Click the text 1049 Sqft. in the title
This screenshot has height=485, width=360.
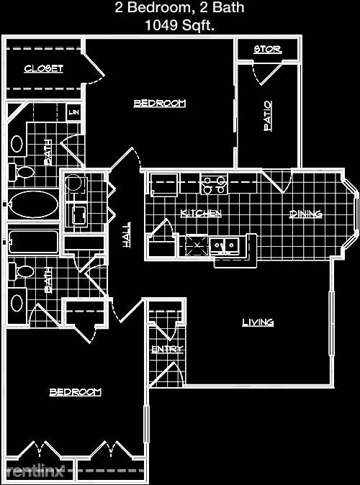click(x=179, y=25)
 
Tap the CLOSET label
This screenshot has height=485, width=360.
click(x=44, y=68)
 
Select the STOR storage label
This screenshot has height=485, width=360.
click(x=268, y=49)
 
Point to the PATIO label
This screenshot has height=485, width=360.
click(x=268, y=116)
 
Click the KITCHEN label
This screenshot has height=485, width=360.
click(x=201, y=213)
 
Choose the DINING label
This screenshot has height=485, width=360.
click(x=305, y=214)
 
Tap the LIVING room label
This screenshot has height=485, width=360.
click(x=258, y=322)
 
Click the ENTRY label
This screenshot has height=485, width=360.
click(x=167, y=349)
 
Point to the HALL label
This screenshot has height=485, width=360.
click(x=126, y=235)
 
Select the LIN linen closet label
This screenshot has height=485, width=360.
click(x=74, y=112)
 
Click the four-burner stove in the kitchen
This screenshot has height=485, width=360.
click(x=214, y=183)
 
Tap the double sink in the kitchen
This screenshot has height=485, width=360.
click(x=224, y=246)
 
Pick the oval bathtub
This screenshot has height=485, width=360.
click(x=33, y=204)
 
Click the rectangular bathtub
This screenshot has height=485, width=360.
click(x=33, y=242)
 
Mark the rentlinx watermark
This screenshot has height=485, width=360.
click(x=35, y=471)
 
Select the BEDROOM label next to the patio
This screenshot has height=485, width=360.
click(x=159, y=103)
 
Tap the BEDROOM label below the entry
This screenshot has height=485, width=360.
click(x=75, y=392)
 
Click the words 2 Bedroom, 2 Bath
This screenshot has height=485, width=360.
click(x=179, y=8)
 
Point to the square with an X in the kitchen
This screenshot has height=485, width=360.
click(x=198, y=245)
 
